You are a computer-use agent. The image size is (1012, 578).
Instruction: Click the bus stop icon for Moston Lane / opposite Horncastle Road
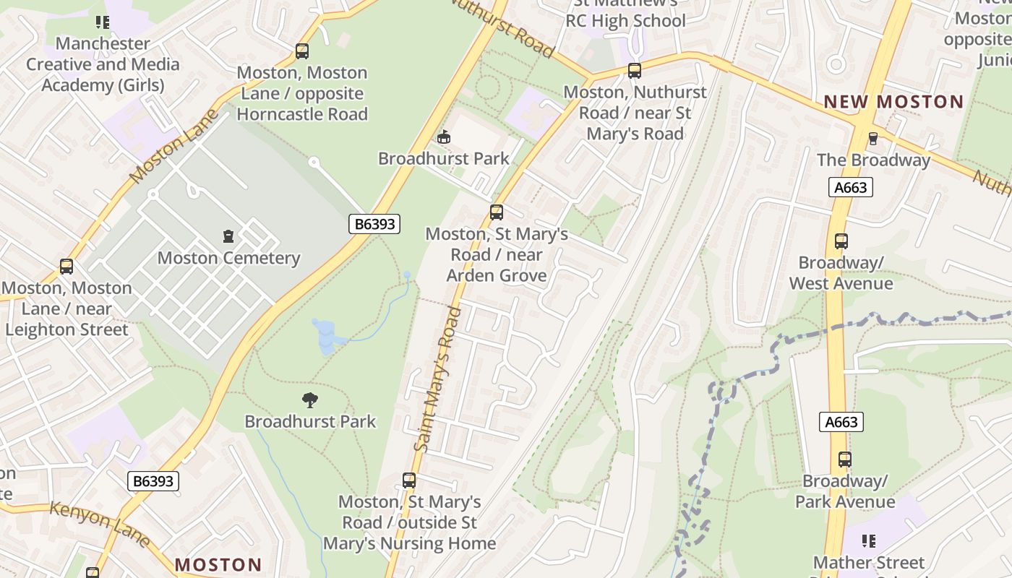[x=302, y=51]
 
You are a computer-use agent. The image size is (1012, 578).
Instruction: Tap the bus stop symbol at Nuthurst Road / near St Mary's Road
[x=635, y=71]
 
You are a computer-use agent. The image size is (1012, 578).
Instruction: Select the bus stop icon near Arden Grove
[x=496, y=212]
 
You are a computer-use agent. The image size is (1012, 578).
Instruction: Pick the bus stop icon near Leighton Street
[x=67, y=267]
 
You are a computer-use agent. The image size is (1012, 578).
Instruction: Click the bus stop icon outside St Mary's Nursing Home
[x=409, y=480]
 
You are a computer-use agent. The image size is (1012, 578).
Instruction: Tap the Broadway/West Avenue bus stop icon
[x=841, y=241]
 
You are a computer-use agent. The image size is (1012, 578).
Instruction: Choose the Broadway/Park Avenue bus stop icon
[x=844, y=460]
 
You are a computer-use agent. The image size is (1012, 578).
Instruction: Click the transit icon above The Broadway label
[x=872, y=139]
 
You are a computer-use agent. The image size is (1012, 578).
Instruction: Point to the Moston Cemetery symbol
[x=228, y=236]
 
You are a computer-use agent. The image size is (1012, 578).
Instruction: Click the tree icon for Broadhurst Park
[x=310, y=400]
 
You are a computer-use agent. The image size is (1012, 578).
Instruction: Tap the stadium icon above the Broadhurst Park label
[x=443, y=137]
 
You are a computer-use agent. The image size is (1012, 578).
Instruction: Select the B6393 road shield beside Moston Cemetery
[x=374, y=224]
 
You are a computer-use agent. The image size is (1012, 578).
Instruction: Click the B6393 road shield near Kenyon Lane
[x=153, y=480]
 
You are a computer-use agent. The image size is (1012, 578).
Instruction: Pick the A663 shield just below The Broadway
[x=851, y=188]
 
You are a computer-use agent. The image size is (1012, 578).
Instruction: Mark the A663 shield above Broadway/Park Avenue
[x=841, y=422]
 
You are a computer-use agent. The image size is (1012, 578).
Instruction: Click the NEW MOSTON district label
[x=893, y=102]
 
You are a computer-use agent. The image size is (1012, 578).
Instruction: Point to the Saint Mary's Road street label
[x=438, y=379]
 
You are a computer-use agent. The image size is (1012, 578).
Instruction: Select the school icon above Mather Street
[x=869, y=541]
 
